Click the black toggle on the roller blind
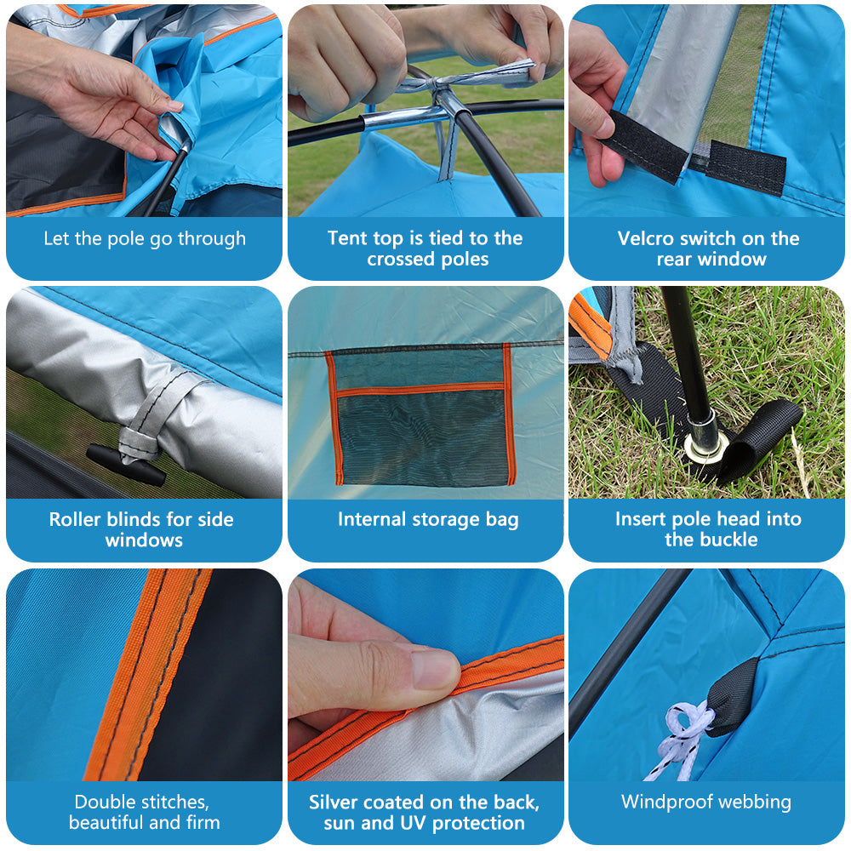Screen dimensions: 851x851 pos(126,465)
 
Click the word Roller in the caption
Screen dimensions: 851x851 pos(75,519)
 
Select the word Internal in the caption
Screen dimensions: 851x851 pos(373,519)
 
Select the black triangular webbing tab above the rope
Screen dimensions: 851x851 pos(732,697)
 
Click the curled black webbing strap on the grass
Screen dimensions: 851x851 pos(760,437)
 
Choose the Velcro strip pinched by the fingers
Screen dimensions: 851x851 pos(643,146)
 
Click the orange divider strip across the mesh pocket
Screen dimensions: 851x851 pos(421,389)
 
